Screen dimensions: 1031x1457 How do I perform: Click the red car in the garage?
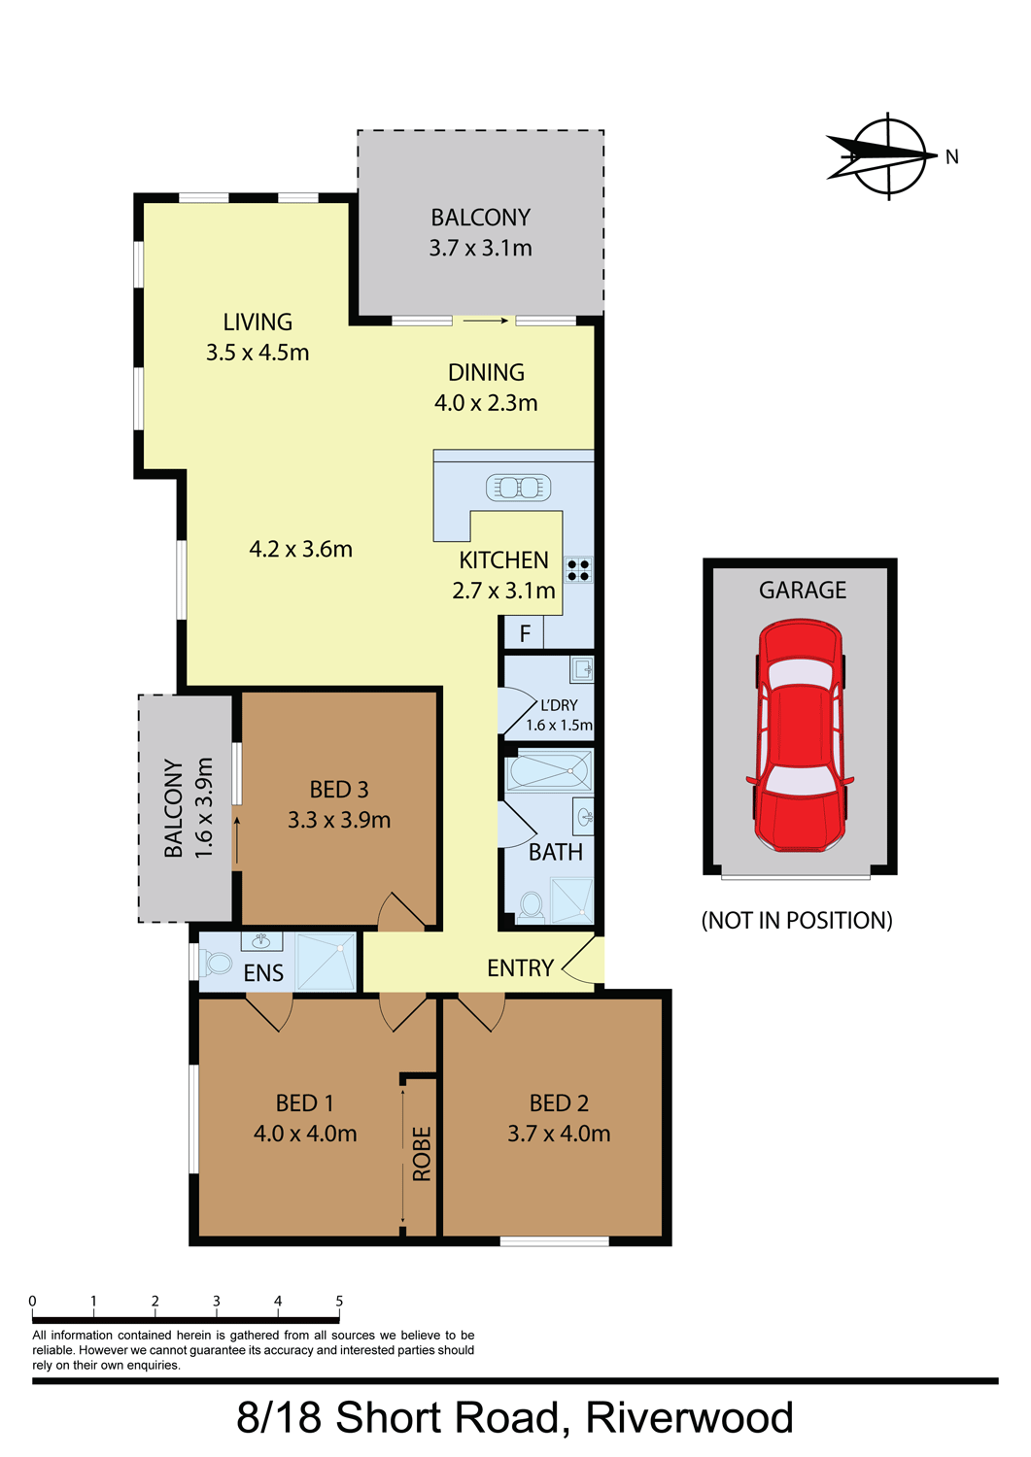(x=800, y=735)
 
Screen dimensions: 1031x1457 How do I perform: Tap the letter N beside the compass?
(x=951, y=156)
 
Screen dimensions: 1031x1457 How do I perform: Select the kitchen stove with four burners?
(x=578, y=570)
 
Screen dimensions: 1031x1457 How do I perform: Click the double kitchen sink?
(x=518, y=488)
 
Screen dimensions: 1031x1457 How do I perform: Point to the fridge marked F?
(x=525, y=633)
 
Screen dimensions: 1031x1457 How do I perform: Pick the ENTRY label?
(x=520, y=967)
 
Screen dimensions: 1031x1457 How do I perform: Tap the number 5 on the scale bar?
(x=339, y=1301)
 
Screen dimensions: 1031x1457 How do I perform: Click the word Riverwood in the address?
(x=689, y=1417)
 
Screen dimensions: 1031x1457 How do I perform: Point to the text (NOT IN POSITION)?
(x=797, y=920)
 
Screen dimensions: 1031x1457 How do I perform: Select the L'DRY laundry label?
(x=559, y=705)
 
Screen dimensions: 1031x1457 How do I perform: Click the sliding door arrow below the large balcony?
(x=486, y=320)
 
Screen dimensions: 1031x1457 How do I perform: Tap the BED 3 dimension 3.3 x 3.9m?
(x=339, y=820)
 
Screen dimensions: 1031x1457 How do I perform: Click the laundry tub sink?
(x=582, y=668)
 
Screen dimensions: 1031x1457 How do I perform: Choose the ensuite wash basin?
(x=261, y=940)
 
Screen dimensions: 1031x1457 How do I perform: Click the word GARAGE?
(x=802, y=590)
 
